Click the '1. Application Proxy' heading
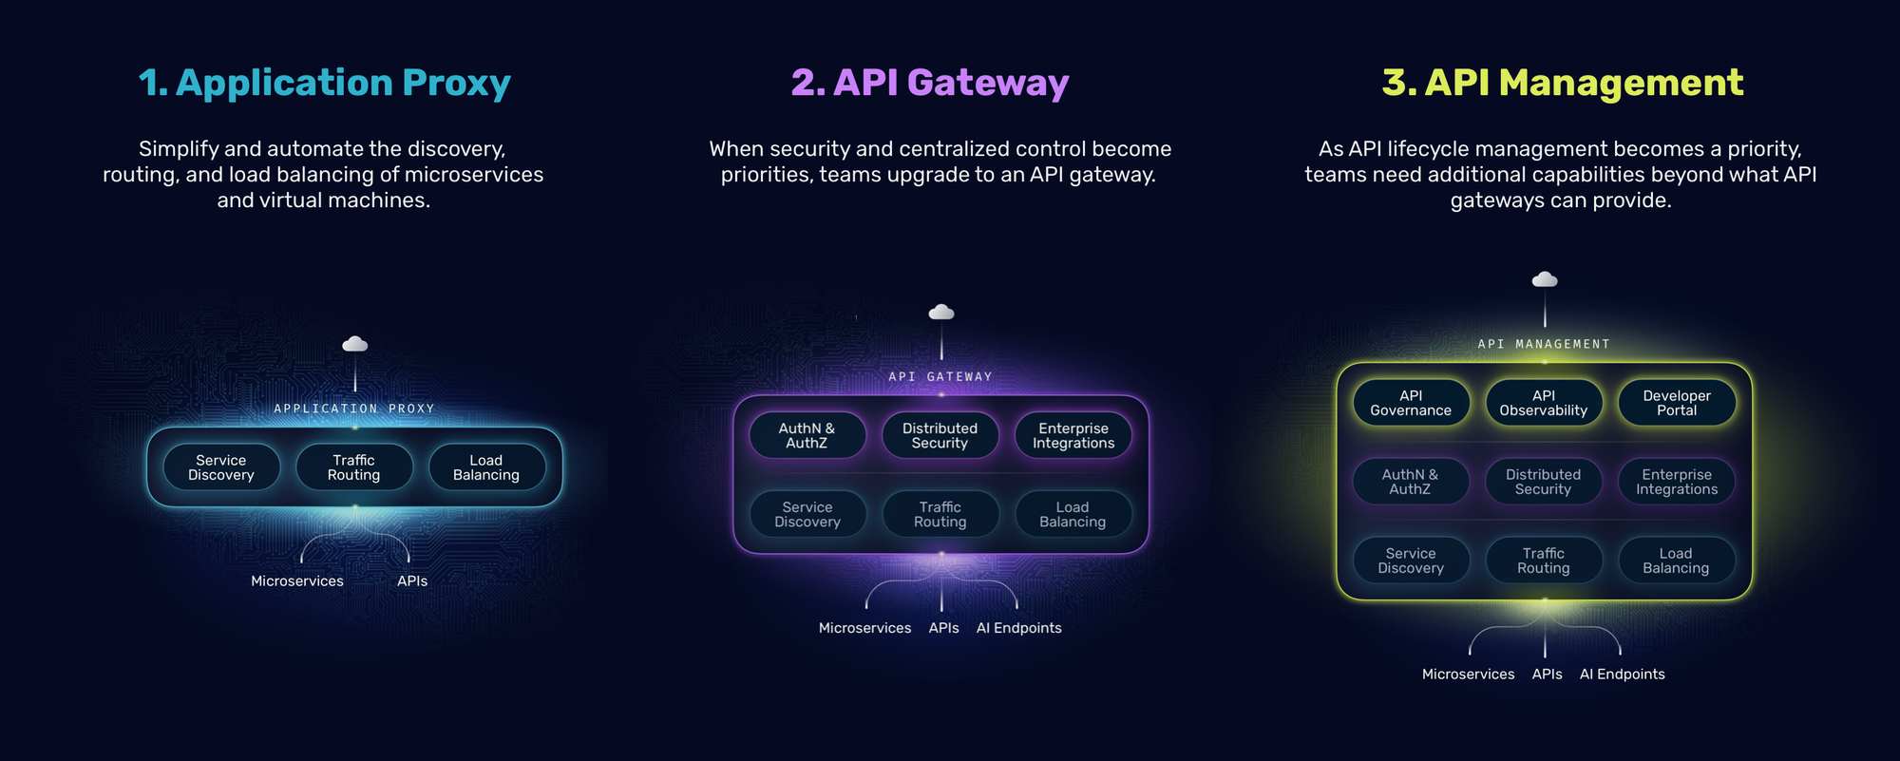tap(325, 83)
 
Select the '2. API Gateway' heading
tap(930, 83)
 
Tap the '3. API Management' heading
tap(1563, 83)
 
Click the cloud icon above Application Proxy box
tap(355, 344)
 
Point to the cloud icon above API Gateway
tap(941, 312)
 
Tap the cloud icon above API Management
tap(1545, 279)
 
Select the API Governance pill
tap(1411, 403)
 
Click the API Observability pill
tap(1544, 403)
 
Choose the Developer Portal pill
tap(1677, 403)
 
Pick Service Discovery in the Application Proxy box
tap(221, 467)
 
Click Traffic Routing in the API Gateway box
tap(940, 514)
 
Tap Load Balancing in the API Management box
tap(1677, 561)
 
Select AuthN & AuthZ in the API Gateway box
tap(807, 435)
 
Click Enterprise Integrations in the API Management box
tap(1677, 482)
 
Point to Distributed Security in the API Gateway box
tap(940, 435)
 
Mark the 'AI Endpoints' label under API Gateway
tap(1019, 628)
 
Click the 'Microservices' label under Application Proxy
tap(297, 580)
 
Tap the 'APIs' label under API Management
tap(1548, 674)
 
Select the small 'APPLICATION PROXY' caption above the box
tap(354, 409)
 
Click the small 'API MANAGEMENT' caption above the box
tap(1545, 344)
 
